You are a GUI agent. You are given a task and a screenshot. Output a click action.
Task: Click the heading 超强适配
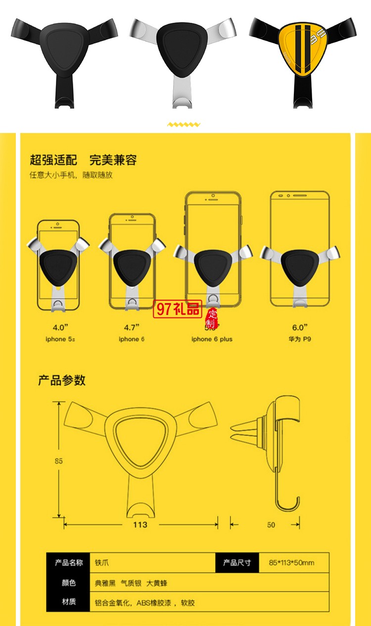pyautogui.click(x=53, y=160)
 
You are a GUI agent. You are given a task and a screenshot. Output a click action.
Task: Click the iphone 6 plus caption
pyautogui.click(x=212, y=339)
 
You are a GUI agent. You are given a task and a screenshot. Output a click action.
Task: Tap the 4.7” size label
pyautogui.click(x=132, y=327)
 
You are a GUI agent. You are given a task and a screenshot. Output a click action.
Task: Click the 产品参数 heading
pyautogui.click(x=62, y=380)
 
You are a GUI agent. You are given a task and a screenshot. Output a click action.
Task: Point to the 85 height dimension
pyautogui.click(x=59, y=461)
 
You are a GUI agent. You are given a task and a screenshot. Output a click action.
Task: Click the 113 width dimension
pyautogui.click(x=140, y=525)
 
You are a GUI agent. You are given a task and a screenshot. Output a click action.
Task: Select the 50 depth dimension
pyautogui.click(x=271, y=525)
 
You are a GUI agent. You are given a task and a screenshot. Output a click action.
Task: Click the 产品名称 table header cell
pyautogui.click(x=69, y=563)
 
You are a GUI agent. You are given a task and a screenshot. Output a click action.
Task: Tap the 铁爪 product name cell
pyautogui.click(x=101, y=563)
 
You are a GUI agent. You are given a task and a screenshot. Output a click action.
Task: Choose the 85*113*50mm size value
pyautogui.click(x=291, y=563)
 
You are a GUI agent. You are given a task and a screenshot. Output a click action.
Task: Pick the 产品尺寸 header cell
pyautogui.click(x=237, y=563)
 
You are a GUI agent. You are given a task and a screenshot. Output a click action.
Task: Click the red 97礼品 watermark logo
pyautogui.click(x=178, y=310)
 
